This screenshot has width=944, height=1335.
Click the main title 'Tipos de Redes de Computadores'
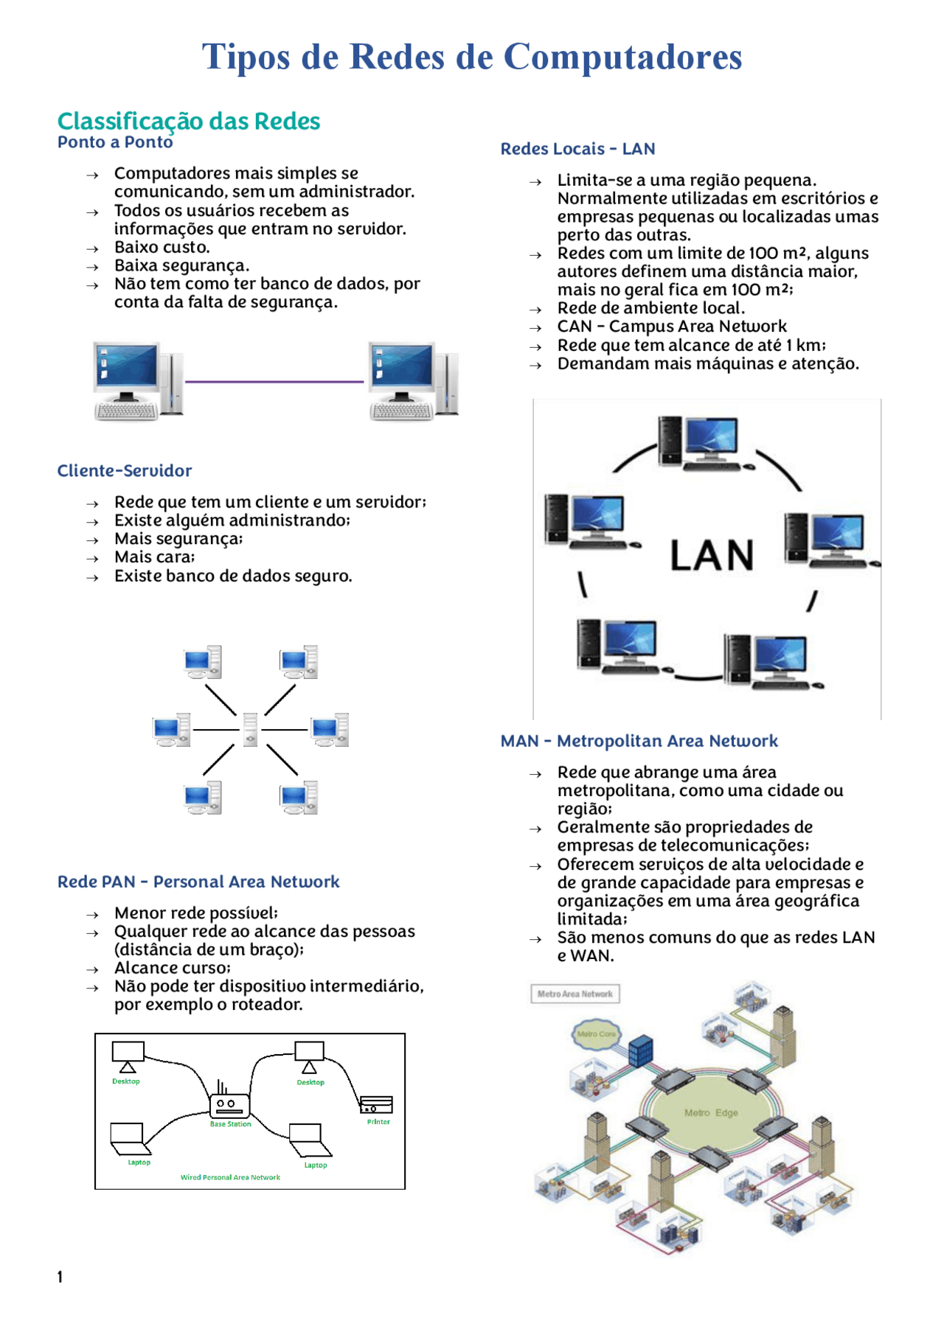(x=472, y=57)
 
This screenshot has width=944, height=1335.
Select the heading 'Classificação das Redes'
(x=189, y=121)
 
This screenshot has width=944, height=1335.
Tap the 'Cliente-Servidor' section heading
(x=125, y=470)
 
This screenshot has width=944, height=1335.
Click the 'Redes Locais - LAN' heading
(x=577, y=149)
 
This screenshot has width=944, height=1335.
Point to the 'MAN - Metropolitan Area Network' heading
(x=639, y=741)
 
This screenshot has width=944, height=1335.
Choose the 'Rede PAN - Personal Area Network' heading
(x=198, y=882)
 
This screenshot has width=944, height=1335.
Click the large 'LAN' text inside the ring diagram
(x=712, y=555)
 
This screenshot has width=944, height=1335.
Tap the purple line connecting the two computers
(x=274, y=382)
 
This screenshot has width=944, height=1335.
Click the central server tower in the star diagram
(x=251, y=730)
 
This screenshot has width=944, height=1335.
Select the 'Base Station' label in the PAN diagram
(x=230, y=1124)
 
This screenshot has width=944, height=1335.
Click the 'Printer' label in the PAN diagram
(x=378, y=1122)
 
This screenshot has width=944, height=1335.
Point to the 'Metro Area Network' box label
(x=575, y=994)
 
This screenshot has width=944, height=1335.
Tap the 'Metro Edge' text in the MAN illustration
(x=711, y=1113)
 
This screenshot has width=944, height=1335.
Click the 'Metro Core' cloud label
(x=596, y=1034)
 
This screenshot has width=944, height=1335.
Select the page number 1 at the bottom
(x=60, y=1277)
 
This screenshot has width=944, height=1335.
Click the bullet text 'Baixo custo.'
(x=162, y=247)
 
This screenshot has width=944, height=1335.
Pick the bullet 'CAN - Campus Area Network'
(x=672, y=327)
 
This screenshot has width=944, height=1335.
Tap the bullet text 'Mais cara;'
(x=155, y=557)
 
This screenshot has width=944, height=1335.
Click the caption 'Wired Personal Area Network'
(x=230, y=1177)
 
